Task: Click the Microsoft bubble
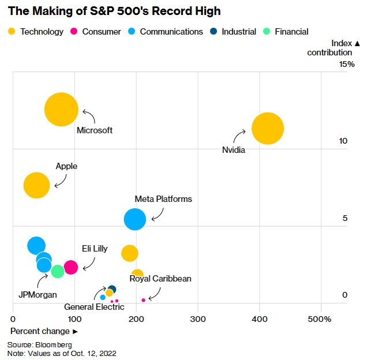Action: click(x=61, y=110)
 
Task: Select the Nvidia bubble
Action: click(x=267, y=129)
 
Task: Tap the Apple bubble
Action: click(x=36, y=185)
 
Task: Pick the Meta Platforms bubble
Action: click(x=135, y=219)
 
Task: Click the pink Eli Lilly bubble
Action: click(x=70, y=267)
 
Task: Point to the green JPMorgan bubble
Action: click(x=57, y=271)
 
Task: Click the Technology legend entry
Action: click(x=36, y=32)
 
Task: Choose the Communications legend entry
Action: click(x=166, y=32)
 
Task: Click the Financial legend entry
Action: click(x=286, y=32)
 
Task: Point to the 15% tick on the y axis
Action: click(x=347, y=64)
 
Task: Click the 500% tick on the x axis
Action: click(x=320, y=319)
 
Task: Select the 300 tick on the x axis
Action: click(x=198, y=319)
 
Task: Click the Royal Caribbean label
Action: click(x=160, y=279)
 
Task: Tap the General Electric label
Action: click(x=94, y=307)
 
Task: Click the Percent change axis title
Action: click(x=43, y=331)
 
